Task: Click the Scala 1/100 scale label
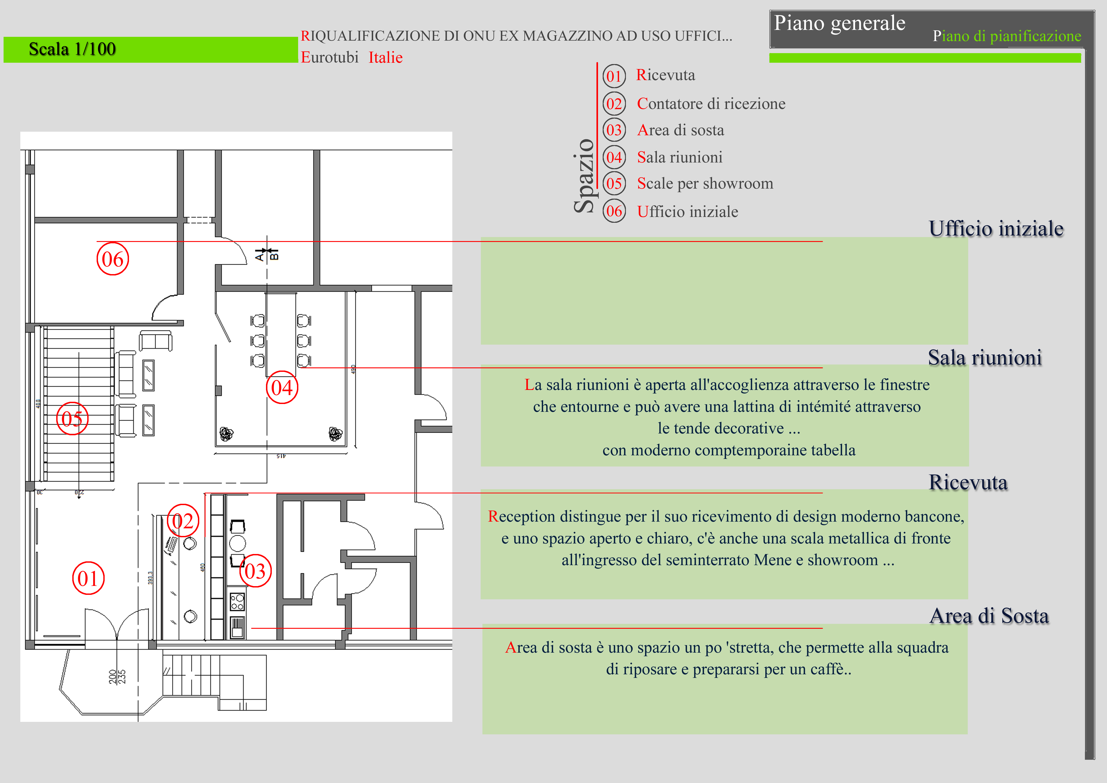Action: click(x=72, y=49)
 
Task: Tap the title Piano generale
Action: click(x=839, y=23)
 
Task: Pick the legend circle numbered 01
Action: click(x=614, y=76)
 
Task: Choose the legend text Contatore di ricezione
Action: click(x=711, y=104)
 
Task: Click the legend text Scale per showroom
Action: click(x=705, y=184)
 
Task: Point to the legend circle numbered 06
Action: click(x=614, y=211)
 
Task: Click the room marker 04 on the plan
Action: click(x=282, y=387)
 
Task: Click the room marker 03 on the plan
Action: click(x=255, y=571)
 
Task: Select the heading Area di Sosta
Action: click(x=989, y=616)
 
